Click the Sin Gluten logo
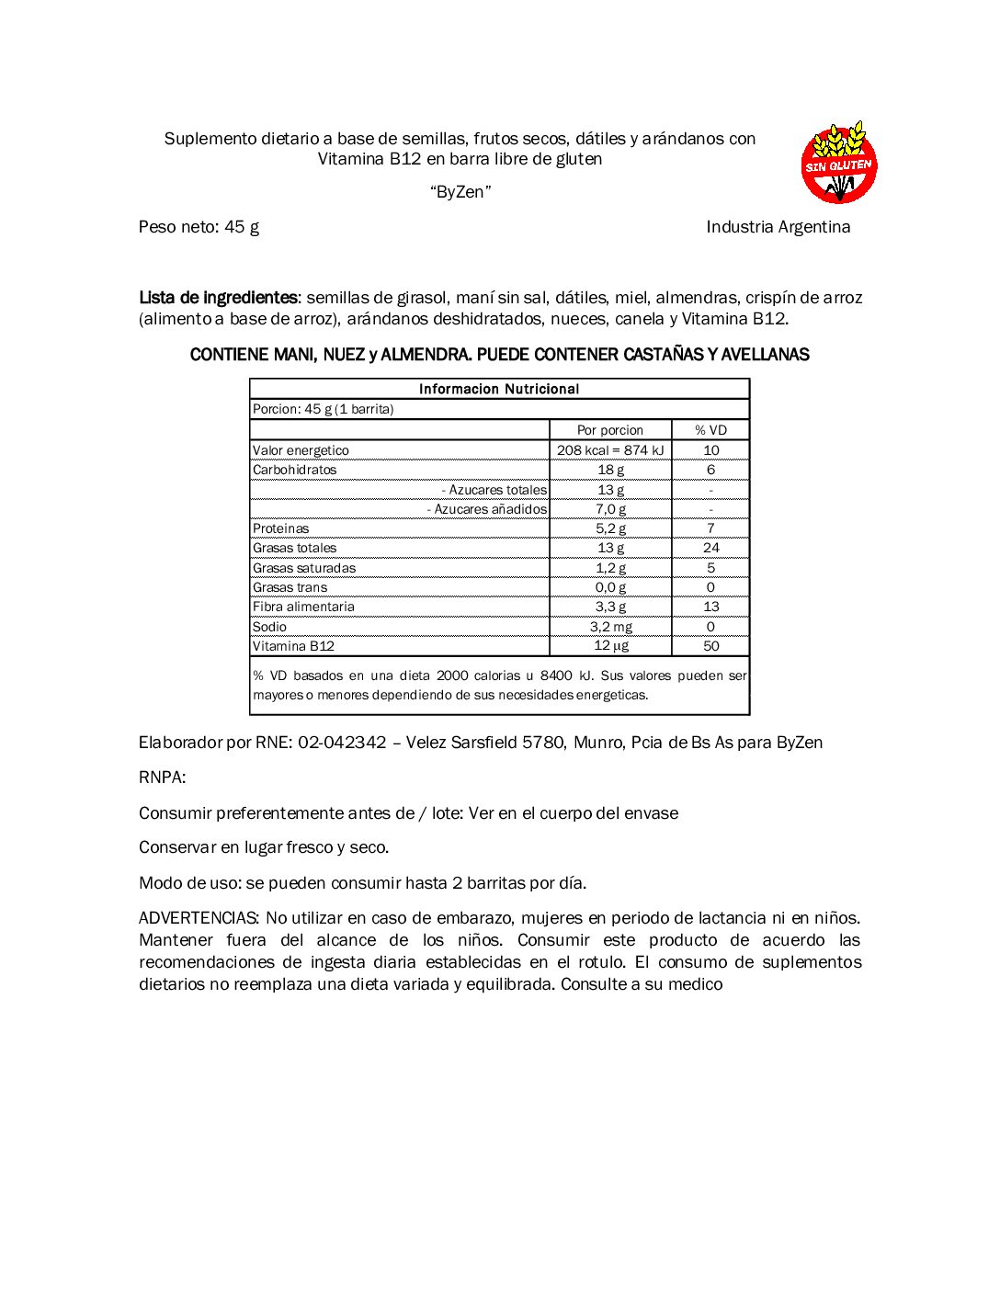click(838, 163)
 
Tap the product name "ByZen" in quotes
click(460, 192)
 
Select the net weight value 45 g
click(242, 227)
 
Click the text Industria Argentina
click(778, 227)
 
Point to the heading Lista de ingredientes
click(218, 298)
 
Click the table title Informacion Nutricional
click(499, 389)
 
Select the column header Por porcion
click(610, 430)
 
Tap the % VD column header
click(710, 430)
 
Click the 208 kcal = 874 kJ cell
click(610, 450)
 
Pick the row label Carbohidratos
click(295, 470)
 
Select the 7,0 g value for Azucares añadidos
click(610, 509)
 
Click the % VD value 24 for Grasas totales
click(710, 548)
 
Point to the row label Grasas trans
click(290, 587)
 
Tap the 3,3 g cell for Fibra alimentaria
click(610, 607)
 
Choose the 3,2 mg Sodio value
click(610, 627)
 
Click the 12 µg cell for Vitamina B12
click(610, 646)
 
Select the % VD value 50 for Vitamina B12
click(710, 646)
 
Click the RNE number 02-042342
click(342, 743)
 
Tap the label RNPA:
click(162, 778)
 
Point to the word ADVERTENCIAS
click(199, 918)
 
